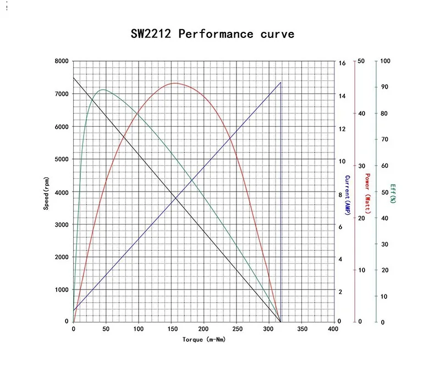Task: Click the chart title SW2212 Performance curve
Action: coord(212,34)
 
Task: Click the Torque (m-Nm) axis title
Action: coord(204,340)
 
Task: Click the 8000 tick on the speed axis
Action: coord(62,61)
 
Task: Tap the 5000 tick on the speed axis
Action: coord(62,160)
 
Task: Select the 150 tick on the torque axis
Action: coord(172,329)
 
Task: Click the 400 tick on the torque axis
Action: coord(333,329)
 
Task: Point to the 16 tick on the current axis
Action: coord(342,63)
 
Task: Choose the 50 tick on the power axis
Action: coord(361,61)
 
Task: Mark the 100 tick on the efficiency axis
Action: coord(385,61)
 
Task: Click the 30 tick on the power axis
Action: coord(361,166)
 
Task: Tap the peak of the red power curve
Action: coord(174,83)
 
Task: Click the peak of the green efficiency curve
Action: coord(102,90)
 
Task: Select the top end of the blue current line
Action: coord(280,83)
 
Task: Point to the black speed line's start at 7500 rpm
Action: coord(73,77)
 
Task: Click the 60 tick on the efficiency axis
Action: coord(385,166)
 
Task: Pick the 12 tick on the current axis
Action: coord(342,129)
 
